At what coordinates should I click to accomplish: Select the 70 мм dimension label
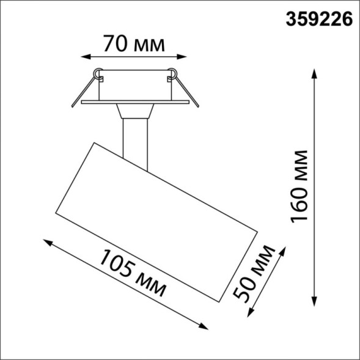(134, 44)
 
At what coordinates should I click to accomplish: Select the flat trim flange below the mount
(134, 102)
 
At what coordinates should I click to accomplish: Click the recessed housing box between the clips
(134, 85)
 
